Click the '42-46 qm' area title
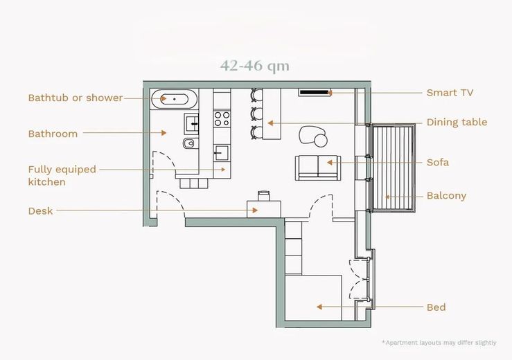[x=255, y=66]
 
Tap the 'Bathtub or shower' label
[x=75, y=98]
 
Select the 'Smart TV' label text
[x=450, y=93]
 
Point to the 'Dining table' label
[x=457, y=123]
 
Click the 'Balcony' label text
[x=446, y=196]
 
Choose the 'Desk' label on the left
[x=40, y=211]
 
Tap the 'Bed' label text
[x=436, y=307]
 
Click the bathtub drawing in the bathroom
[x=174, y=99]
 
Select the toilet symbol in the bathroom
[x=188, y=143]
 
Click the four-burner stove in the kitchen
[x=222, y=119]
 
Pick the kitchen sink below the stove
[x=221, y=153]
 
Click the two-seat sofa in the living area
[x=318, y=168]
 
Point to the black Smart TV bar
[x=314, y=93]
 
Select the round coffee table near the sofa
[x=320, y=141]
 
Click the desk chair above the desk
[x=264, y=195]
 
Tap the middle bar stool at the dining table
[x=256, y=114]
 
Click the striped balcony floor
[x=392, y=168]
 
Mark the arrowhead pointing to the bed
[x=319, y=307]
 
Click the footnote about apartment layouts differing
[x=439, y=343]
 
